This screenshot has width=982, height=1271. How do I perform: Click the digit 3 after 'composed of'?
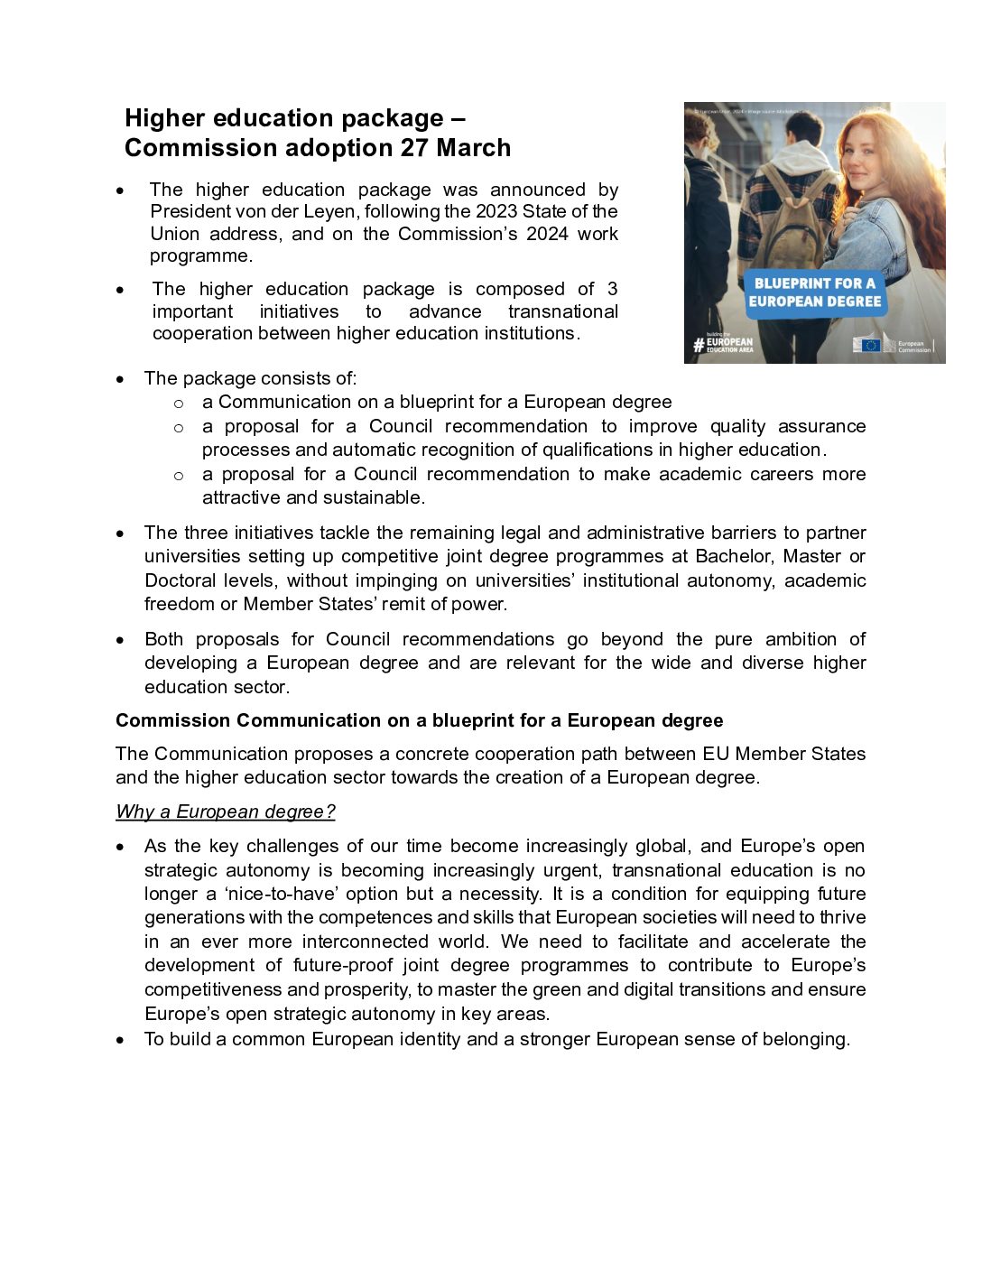(612, 289)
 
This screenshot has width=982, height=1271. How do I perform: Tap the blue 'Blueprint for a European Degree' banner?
(814, 292)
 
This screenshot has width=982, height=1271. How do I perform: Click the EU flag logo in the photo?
(869, 345)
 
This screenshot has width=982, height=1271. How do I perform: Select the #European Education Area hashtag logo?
(722, 344)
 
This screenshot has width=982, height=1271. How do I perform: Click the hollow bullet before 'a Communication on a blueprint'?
(179, 404)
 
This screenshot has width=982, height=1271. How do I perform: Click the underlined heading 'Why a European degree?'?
(225, 812)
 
